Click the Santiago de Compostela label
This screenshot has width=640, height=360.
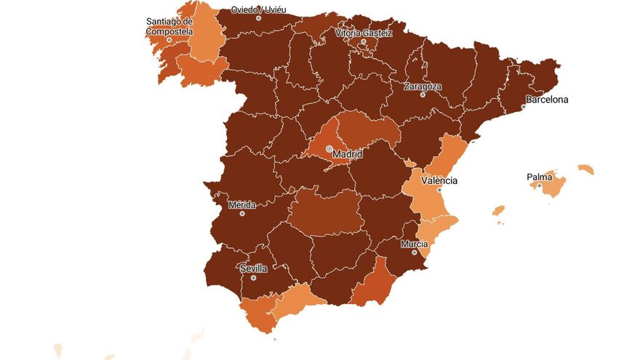pyautogui.click(x=169, y=26)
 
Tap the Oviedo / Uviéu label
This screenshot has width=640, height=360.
pyautogui.click(x=258, y=10)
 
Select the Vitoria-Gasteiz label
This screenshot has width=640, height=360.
pyautogui.click(x=364, y=33)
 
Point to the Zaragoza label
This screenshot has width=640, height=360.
pyautogui.click(x=423, y=86)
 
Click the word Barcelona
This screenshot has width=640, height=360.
pyautogui.click(x=548, y=100)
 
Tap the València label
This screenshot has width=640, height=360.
pyautogui.click(x=439, y=180)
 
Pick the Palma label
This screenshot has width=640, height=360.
pyautogui.click(x=539, y=177)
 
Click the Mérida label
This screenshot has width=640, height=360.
pyautogui.click(x=242, y=205)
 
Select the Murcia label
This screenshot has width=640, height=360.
pyautogui.click(x=414, y=244)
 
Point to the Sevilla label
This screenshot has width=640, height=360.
pyautogui.click(x=254, y=268)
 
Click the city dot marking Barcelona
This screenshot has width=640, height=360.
pyautogui.click(x=523, y=107)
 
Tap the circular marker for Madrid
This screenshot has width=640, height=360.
pyautogui.click(x=329, y=148)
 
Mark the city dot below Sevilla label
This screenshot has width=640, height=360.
pyautogui.click(x=254, y=278)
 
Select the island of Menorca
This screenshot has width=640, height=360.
pyautogui.click(x=586, y=169)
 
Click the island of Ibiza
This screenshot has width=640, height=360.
pyautogui.click(x=498, y=211)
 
